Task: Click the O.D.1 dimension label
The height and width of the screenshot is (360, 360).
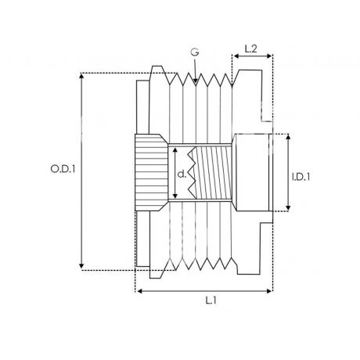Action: [63, 169]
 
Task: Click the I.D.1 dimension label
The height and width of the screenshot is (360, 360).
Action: [301, 177]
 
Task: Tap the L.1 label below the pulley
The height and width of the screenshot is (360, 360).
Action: [211, 301]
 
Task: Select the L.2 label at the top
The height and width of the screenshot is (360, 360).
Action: [251, 49]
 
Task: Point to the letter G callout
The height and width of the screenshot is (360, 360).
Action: [195, 52]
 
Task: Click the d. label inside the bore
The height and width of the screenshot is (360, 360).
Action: [182, 174]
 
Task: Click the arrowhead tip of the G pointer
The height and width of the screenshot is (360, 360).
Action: [196, 85]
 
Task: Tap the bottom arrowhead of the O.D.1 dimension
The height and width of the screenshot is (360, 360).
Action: [81, 268]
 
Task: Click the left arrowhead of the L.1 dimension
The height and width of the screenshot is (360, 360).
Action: [138, 291]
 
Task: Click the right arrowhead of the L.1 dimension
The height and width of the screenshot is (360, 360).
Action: [272, 291]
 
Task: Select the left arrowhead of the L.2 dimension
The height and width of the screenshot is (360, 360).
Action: [234, 56]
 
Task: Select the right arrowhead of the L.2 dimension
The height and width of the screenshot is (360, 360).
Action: [272, 56]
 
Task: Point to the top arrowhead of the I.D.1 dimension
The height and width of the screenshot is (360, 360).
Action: [288, 135]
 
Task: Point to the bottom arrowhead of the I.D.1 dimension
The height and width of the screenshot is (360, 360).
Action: [288, 210]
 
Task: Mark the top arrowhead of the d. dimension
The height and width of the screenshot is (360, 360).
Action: [175, 147]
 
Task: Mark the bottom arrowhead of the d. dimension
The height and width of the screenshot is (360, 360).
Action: [175, 198]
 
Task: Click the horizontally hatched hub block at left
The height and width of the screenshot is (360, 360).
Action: [151, 172]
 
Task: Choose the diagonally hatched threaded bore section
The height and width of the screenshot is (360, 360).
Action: [214, 172]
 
